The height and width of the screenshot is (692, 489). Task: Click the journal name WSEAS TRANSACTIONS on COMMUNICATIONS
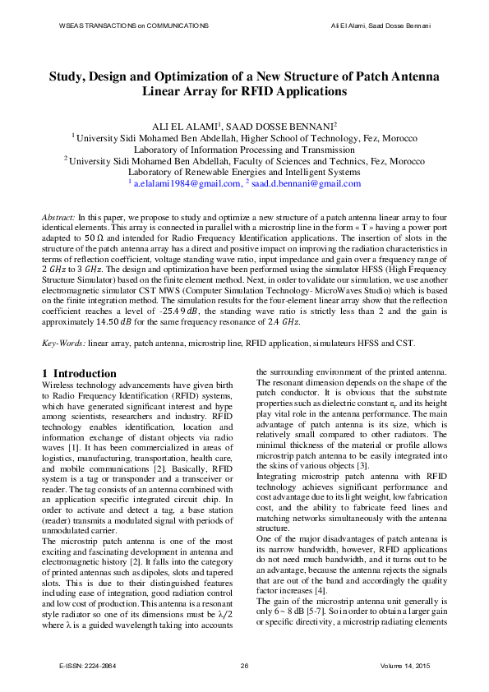pyautogui.click(x=134, y=26)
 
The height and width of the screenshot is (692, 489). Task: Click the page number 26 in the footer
pyautogui.click(x=244, y=664)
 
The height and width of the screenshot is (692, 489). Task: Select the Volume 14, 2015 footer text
pyautogui.click(x=406, y=664)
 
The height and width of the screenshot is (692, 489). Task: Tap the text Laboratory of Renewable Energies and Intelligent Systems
pyautogui.click(x=244, y=173)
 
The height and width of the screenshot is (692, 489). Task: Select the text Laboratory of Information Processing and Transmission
pyautogui.click(x=244, y=150)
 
